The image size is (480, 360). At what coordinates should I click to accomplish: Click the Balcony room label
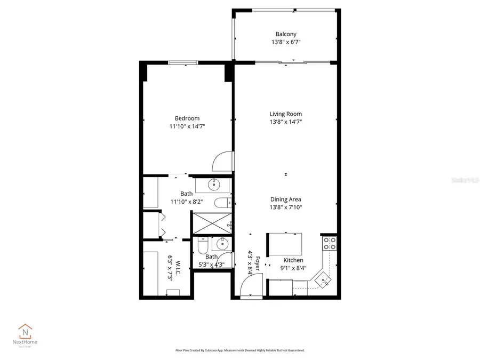point(286,34)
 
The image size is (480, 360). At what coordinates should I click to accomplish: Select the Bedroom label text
point(187,118)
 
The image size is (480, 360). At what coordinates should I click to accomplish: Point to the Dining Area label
point(285,199)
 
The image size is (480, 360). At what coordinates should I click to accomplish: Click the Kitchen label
point(293,260)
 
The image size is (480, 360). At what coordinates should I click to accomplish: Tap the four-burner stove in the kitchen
point(330,243)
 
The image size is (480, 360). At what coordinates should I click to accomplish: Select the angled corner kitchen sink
point(323,278)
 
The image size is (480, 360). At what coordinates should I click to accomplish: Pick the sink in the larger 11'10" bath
point(213,185)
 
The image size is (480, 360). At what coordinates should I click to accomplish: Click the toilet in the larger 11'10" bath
point(222,202)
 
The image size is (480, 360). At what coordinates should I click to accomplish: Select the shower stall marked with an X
point(212,223)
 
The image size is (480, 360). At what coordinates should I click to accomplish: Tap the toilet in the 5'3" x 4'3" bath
point(202,246)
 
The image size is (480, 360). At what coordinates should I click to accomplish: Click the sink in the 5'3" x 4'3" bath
point(221,245)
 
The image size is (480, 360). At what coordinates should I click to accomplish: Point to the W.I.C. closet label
point(171,268)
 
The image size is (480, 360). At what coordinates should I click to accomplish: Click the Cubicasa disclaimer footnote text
point(239,350)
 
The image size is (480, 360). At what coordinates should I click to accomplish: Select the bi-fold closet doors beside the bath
point(162,225)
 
